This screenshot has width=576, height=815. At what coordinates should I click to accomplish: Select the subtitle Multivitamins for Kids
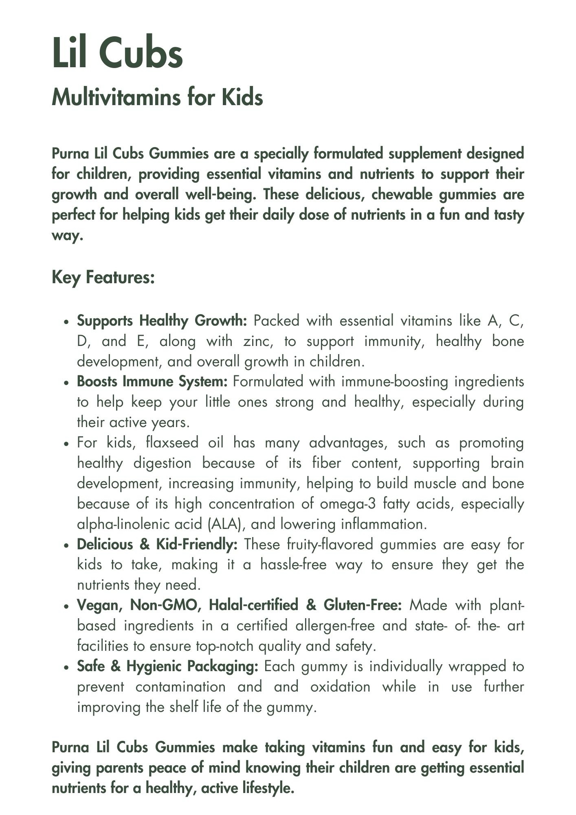[157, 97]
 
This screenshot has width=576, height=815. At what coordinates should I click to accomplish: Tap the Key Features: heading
[103, 278]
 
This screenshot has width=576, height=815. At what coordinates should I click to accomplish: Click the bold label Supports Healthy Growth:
[162, 321]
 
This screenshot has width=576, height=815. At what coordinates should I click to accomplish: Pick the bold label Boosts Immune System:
[152, 382]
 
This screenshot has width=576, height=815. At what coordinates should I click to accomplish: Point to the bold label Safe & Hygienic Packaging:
[167, 667]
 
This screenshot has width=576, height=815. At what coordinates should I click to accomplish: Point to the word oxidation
[340, 687]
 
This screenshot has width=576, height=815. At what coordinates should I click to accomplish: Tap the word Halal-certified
[253, 606]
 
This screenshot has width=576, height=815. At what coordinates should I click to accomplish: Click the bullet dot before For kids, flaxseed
[66, 444]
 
